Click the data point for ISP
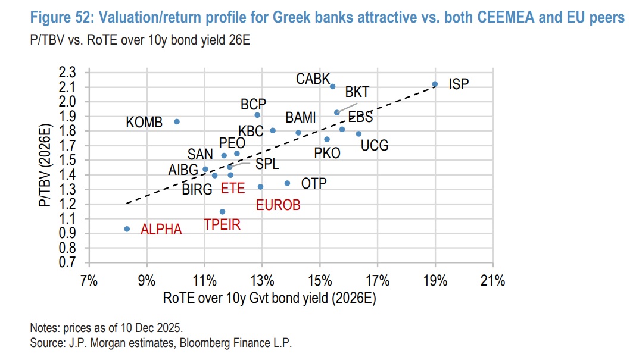click(x=435, y=84)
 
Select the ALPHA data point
click(x=127, y=228)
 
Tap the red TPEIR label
click(x=222, y=225)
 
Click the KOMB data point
click(x=177, y=121)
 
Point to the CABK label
click(x=313, y=79)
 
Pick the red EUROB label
click(x=278, y=205)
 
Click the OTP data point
click(x=287, y=183)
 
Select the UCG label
click(x=375, y=145)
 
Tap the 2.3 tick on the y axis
click(x=68, y=73)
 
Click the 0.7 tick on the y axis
click(x=68, y=262)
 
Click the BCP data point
click(x=257, y=115)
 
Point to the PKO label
click(x=327, y=153)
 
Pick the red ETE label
click(x=232, y=189)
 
